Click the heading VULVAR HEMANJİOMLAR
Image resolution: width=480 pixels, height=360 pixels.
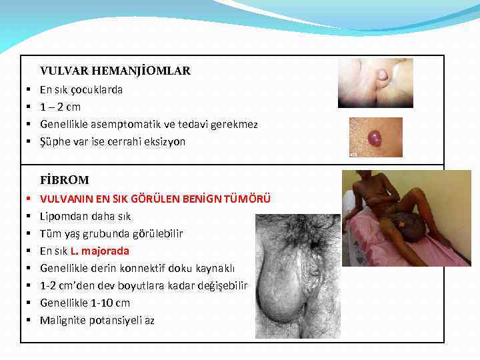tap(115, 71)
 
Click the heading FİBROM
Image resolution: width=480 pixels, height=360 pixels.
tap(64, 180)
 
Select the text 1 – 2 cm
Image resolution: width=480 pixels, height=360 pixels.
tap(60, 107)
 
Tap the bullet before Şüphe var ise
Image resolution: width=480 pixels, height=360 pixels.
tap(31, 141)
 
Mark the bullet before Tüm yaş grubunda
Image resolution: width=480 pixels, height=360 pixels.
tap(31, 233)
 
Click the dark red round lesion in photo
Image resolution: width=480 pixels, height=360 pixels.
tap(375, 138)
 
